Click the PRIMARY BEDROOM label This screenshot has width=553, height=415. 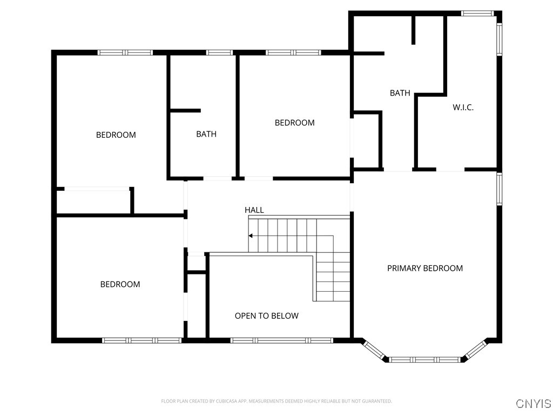click(425, 268)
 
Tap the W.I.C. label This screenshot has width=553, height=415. click(463, 108)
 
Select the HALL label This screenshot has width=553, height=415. click(254, 210)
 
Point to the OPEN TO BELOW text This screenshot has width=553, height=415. click(267, 316)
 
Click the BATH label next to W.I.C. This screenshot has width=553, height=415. click(400, 93)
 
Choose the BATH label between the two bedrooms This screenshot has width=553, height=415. click(206, 134)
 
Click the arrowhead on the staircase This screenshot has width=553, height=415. click(251, 236)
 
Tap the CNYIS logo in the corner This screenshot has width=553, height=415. click(533, 403)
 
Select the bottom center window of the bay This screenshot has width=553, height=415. click(424, 359)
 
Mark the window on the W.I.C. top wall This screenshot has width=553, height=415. click(477, 14)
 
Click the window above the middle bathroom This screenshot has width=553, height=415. click(219, 52)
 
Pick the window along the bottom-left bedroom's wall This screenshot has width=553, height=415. click(142, 340)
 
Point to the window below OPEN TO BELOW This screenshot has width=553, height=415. click(282, 340)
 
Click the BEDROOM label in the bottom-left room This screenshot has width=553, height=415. click(120, 284)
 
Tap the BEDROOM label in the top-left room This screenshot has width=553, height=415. click(116, 135)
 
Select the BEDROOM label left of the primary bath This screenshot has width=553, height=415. click(294, 123)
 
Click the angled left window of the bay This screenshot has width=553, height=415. click(374, 350)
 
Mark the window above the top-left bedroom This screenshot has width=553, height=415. click(125, 52)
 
